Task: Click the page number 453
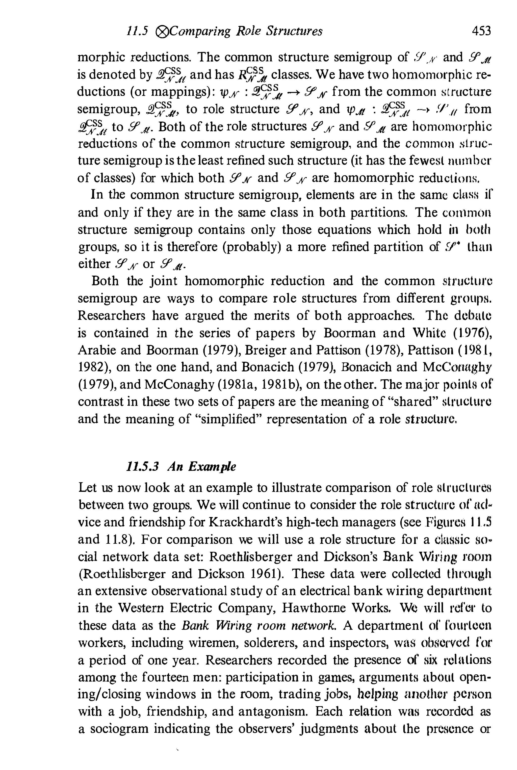click(x=481, y=31)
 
